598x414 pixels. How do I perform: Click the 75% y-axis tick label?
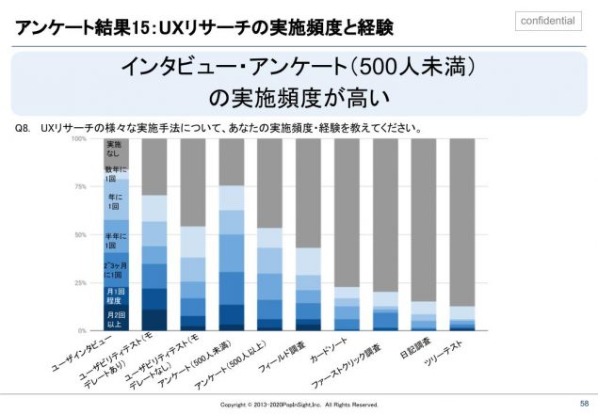click(81, 187)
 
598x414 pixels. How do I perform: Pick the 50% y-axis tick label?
click(81, 235)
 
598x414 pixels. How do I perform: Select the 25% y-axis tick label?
click(81, 283)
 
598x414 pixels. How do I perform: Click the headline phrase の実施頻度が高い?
click(299, 97)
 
